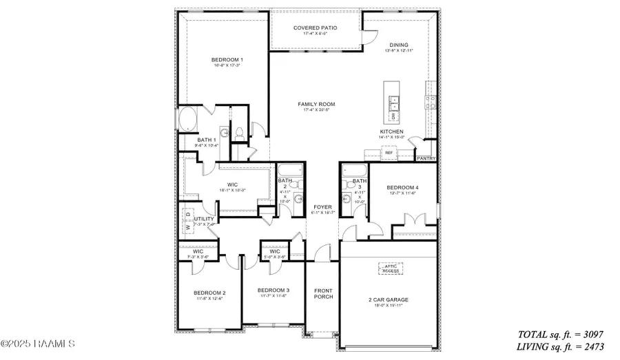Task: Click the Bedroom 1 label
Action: pyautogui.click(x=227, y=60)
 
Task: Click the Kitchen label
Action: pyautogui.click(x=391, y=131)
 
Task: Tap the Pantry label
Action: pyautogui.click(x=426, y=158)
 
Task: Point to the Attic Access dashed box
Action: pyautogui.click(x=389, y=268)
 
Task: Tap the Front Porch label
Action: pyautogui.click(x=323, y=293)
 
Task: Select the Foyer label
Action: pyautogui.click(x=322, y=207)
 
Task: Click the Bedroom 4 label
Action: pyautogui.click(x=402, y=187)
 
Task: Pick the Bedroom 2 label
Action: pyautogui.click(x=209, y=293)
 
